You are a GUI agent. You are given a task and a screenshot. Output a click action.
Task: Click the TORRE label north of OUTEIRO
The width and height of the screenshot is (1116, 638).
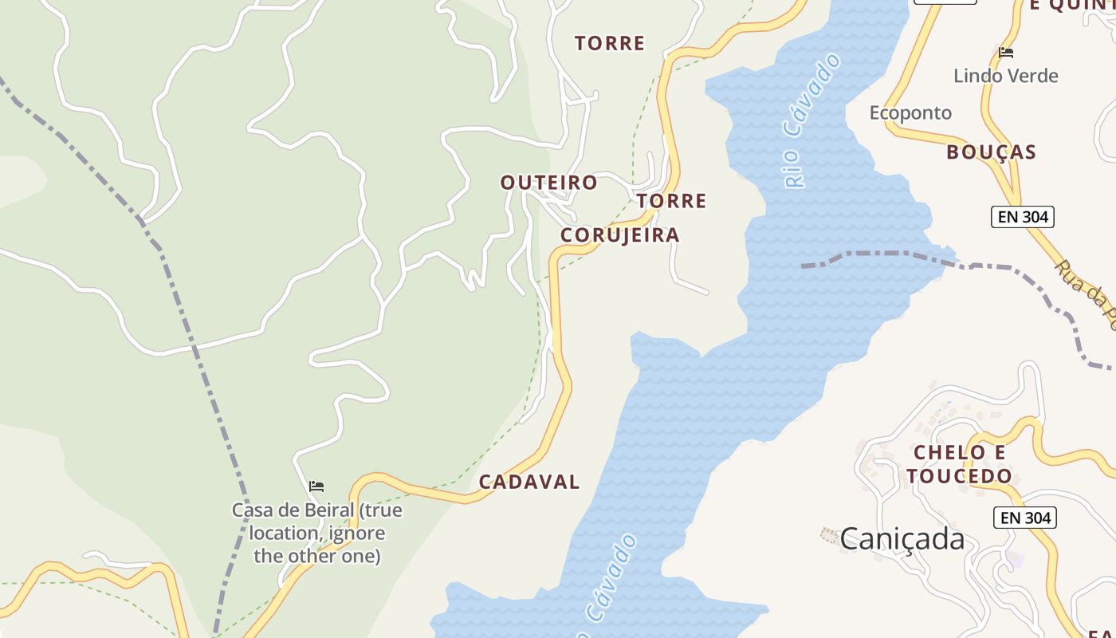pos(610,43)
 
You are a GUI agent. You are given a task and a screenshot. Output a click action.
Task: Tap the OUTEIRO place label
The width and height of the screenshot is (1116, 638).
pos(548,183)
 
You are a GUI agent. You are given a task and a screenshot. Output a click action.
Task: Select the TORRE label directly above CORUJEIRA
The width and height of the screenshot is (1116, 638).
pos(671,201)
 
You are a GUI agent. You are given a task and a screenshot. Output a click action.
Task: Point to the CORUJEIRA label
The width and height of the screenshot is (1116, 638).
pos(619,235)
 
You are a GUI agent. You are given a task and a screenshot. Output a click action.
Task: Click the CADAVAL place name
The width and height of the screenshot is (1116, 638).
pos(529,482)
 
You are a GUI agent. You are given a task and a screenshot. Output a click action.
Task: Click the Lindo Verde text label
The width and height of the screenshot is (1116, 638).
pos(1006,77)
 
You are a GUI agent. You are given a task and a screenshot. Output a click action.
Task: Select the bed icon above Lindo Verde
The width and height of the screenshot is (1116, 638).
pos(1006,53)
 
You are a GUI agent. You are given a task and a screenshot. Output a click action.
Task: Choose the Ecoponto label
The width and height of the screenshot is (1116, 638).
pos(910,112)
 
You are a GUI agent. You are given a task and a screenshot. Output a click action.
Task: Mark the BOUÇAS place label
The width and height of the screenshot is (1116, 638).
pos(991,152)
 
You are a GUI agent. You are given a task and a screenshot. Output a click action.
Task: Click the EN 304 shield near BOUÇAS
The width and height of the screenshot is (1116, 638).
pos(1022,216)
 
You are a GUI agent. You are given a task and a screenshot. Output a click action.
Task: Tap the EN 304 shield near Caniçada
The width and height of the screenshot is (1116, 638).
pos(1025,518)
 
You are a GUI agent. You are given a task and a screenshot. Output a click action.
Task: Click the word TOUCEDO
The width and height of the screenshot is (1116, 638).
pos(959,476)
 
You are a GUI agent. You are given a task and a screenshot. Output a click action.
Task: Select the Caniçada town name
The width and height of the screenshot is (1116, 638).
pos(902,539)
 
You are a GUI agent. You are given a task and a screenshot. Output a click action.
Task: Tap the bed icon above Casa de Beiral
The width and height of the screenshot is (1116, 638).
pos(316,486)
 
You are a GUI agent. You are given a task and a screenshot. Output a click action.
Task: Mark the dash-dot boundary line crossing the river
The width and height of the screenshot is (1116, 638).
pos(877,254)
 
